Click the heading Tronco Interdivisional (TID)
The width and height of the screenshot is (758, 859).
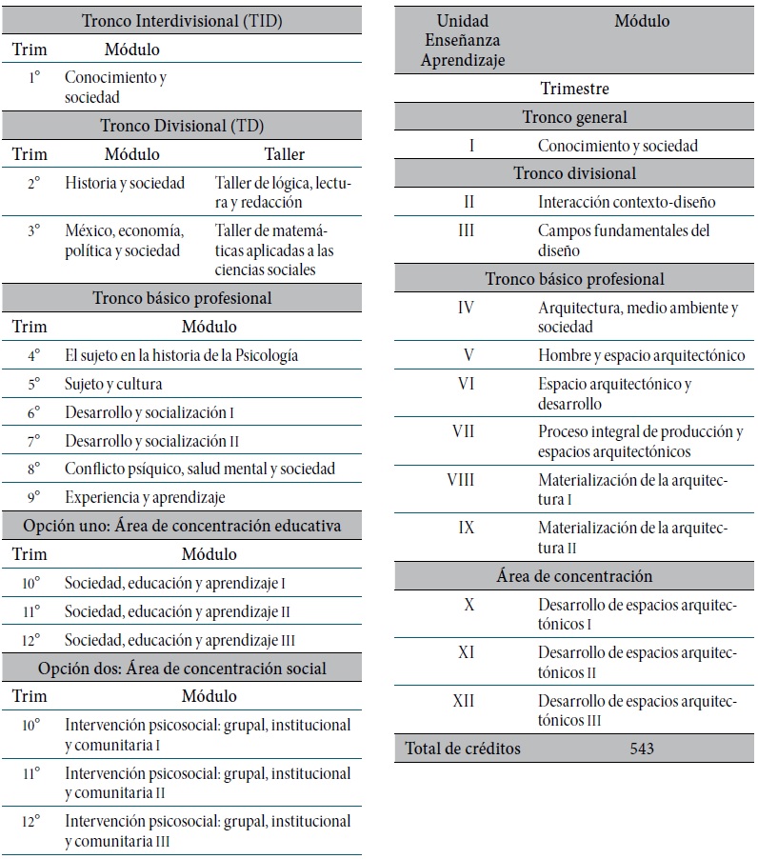[183, 21]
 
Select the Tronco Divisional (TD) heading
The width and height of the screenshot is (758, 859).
[183, 126]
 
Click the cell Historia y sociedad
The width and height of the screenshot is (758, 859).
[125, 183]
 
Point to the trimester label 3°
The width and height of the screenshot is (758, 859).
[33, 231]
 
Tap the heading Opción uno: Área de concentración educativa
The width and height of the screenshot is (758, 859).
[183, 525]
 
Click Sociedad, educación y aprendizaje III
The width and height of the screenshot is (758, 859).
[181, 640]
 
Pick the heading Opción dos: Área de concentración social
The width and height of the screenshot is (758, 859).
[183, 669]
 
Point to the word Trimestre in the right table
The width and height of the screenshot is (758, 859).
[574, 89]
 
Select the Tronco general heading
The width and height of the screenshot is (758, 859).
[574, 117]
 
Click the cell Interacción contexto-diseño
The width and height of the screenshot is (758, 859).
[627, 202]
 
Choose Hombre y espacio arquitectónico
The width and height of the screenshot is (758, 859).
[641, 355]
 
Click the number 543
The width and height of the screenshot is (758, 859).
[642, 749]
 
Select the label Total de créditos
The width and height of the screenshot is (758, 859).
[463, 749]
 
